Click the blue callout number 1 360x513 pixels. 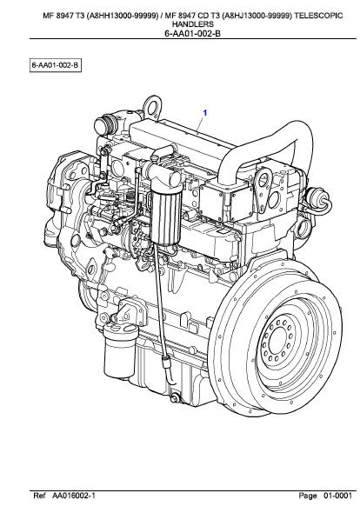[205, 112]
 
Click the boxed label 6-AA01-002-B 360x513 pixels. [54, 66]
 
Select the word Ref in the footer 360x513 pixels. [39, 496]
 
